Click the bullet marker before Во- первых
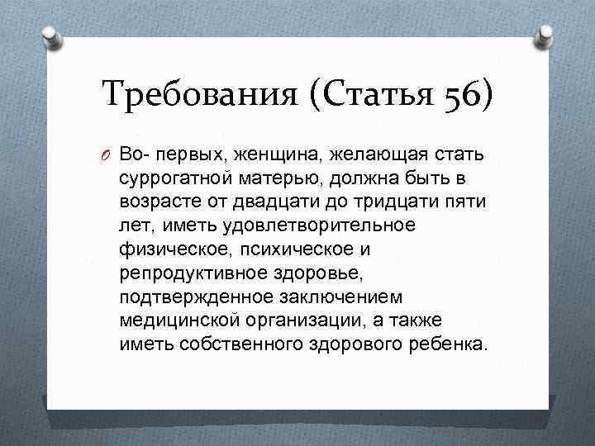[108, 156]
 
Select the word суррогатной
[169, 178]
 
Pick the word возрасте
[156, 202]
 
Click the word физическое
[169, 249]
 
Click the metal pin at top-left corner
[51, 36]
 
